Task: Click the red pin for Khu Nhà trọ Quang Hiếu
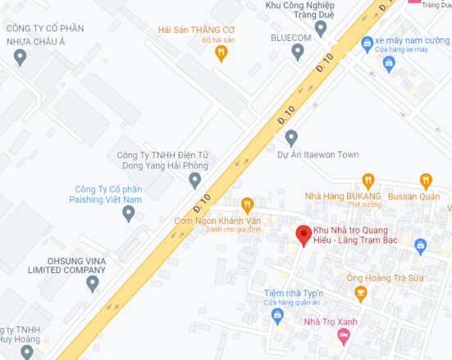click(x=304, y=235)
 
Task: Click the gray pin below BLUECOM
click(x=299, y=52)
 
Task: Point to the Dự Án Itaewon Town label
click(x=318, y=154)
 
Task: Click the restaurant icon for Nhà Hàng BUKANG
click(x=368, y=180)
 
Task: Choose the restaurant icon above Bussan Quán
click(x=426, y=180)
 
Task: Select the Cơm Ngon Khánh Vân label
click(x=217, y=220)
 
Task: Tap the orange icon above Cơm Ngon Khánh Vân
click(x=247, y=204)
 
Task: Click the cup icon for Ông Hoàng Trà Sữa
click(x=361, y=292)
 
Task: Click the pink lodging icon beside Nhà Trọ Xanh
click(x=344, y=335)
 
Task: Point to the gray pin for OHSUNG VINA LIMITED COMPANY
click(x=93, y=284)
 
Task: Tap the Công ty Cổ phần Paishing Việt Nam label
click(x=108, y=194)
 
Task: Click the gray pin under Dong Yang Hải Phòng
click(x=194, y=180)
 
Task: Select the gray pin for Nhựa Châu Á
click(x=21, y=57)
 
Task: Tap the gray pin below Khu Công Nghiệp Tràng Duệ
click(x=321, y=28)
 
